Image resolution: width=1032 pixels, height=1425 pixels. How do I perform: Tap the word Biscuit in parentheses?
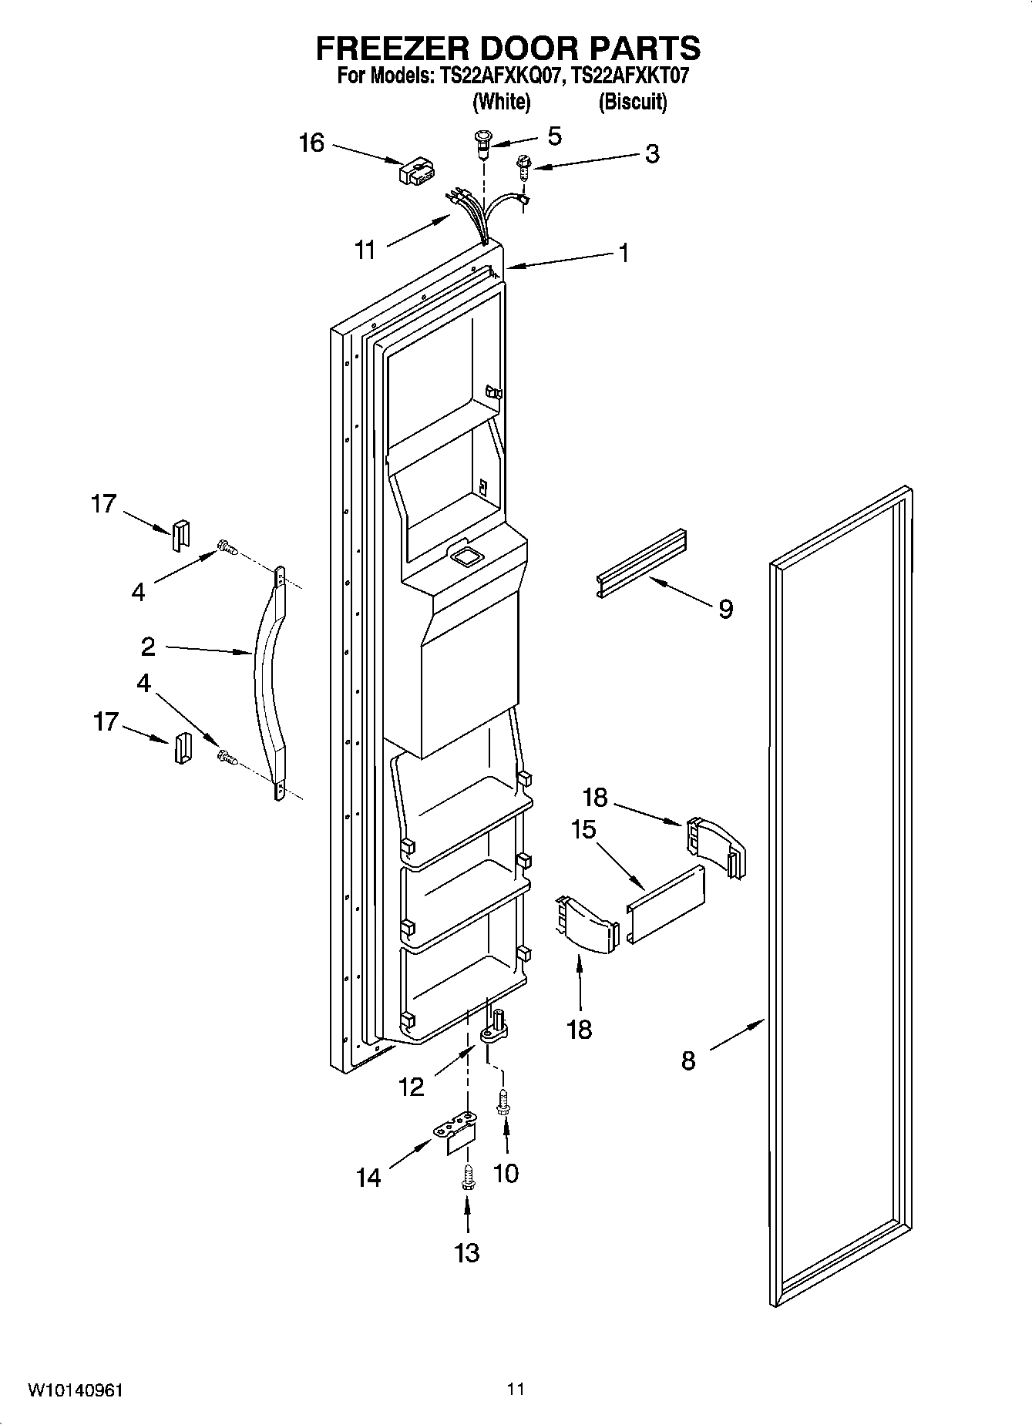tap(632, 102)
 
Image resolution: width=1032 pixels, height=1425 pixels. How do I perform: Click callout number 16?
tap(311, 143)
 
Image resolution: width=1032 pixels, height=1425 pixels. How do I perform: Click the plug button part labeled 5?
tap(482, 143)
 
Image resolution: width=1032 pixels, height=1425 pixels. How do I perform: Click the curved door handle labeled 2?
tap(267, 678)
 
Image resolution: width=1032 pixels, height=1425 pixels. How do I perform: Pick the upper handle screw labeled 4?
tap(227, 548)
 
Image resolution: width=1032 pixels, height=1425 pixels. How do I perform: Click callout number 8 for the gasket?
tap(688, 1060)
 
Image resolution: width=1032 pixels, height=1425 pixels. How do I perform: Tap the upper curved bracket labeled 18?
tap(715, 846)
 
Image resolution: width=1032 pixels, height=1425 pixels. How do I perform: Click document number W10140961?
tap(75, 1390)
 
